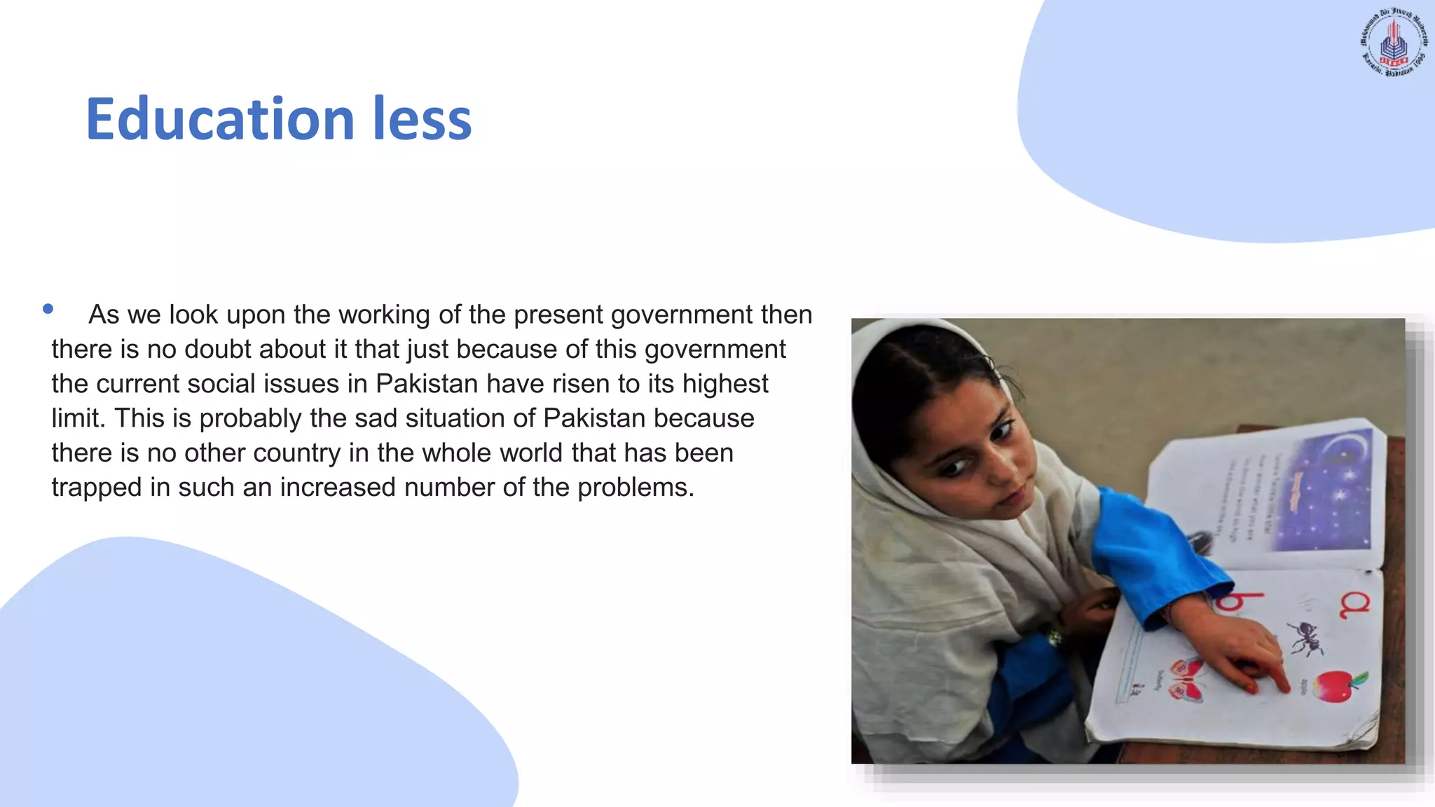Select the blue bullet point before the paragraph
point(48,309)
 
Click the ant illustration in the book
point(1305,636)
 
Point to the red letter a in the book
point(1354,605)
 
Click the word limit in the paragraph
point(77,418)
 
